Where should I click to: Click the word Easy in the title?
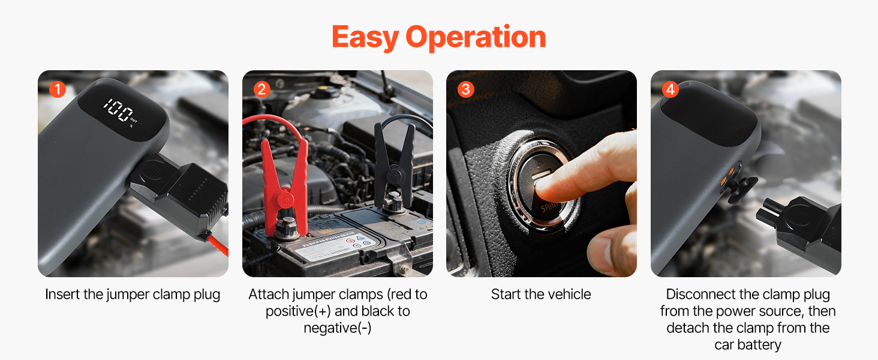[365, 38]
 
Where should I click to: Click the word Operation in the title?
[476, 38]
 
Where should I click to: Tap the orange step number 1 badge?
[58, 89]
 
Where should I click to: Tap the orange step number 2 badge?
[262, 89]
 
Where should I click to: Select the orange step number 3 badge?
[466, 89]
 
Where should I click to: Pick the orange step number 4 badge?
[670, 89]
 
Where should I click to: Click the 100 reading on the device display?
[117, 109]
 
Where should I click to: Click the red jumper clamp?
[285, 188]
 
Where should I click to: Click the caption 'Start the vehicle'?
[541, 294]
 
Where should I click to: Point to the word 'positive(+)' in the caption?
[298, 311]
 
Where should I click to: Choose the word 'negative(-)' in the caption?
[338, 328]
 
